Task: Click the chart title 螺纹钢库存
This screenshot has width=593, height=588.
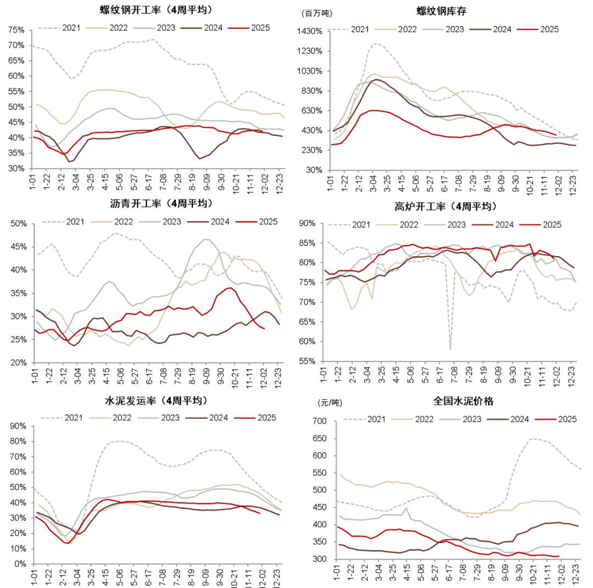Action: coord(449,10)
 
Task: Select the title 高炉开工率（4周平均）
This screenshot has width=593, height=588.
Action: coord(445,207)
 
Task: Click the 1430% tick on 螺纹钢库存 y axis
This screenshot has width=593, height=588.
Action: coord(311,31)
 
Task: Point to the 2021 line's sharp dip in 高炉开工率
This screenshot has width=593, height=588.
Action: coord(450,348)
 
